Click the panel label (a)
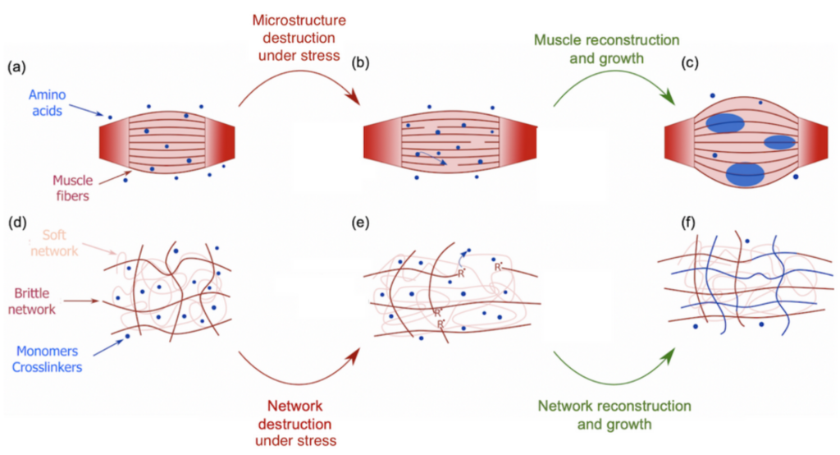tap(16, 67)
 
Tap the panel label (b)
tap(361, 62)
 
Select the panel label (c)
tap(690, 62)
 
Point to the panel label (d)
tap(17, 222)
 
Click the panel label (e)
tap(361, 222)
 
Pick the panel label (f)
tap(689, 222)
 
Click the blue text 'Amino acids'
tap(47, 103)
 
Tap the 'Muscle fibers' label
tap(72, 188)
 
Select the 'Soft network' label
tap(54, 242)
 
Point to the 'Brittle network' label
tap(32, 301)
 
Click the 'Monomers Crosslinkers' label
tap(47, 359)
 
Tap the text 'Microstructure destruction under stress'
tap(299, 38)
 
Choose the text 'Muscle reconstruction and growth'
tap(606, 48)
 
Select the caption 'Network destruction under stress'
tap(295, 423)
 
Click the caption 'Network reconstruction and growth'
tap(614, 415)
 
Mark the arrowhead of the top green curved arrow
tap(669, 99)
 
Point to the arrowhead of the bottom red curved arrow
tap(354, 354)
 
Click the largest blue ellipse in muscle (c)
tap(745, 174)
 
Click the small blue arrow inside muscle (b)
tap(431, 157)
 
